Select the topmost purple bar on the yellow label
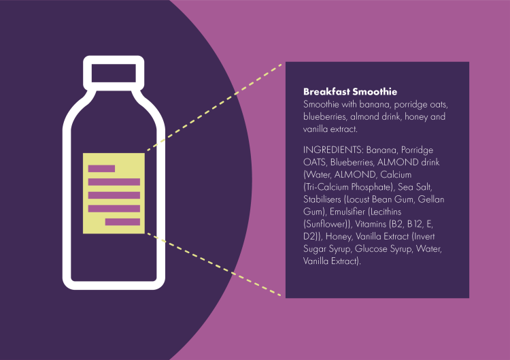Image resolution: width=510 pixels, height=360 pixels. pos(101,168)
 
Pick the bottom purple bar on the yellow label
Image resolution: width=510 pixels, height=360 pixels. pos(122,222)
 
